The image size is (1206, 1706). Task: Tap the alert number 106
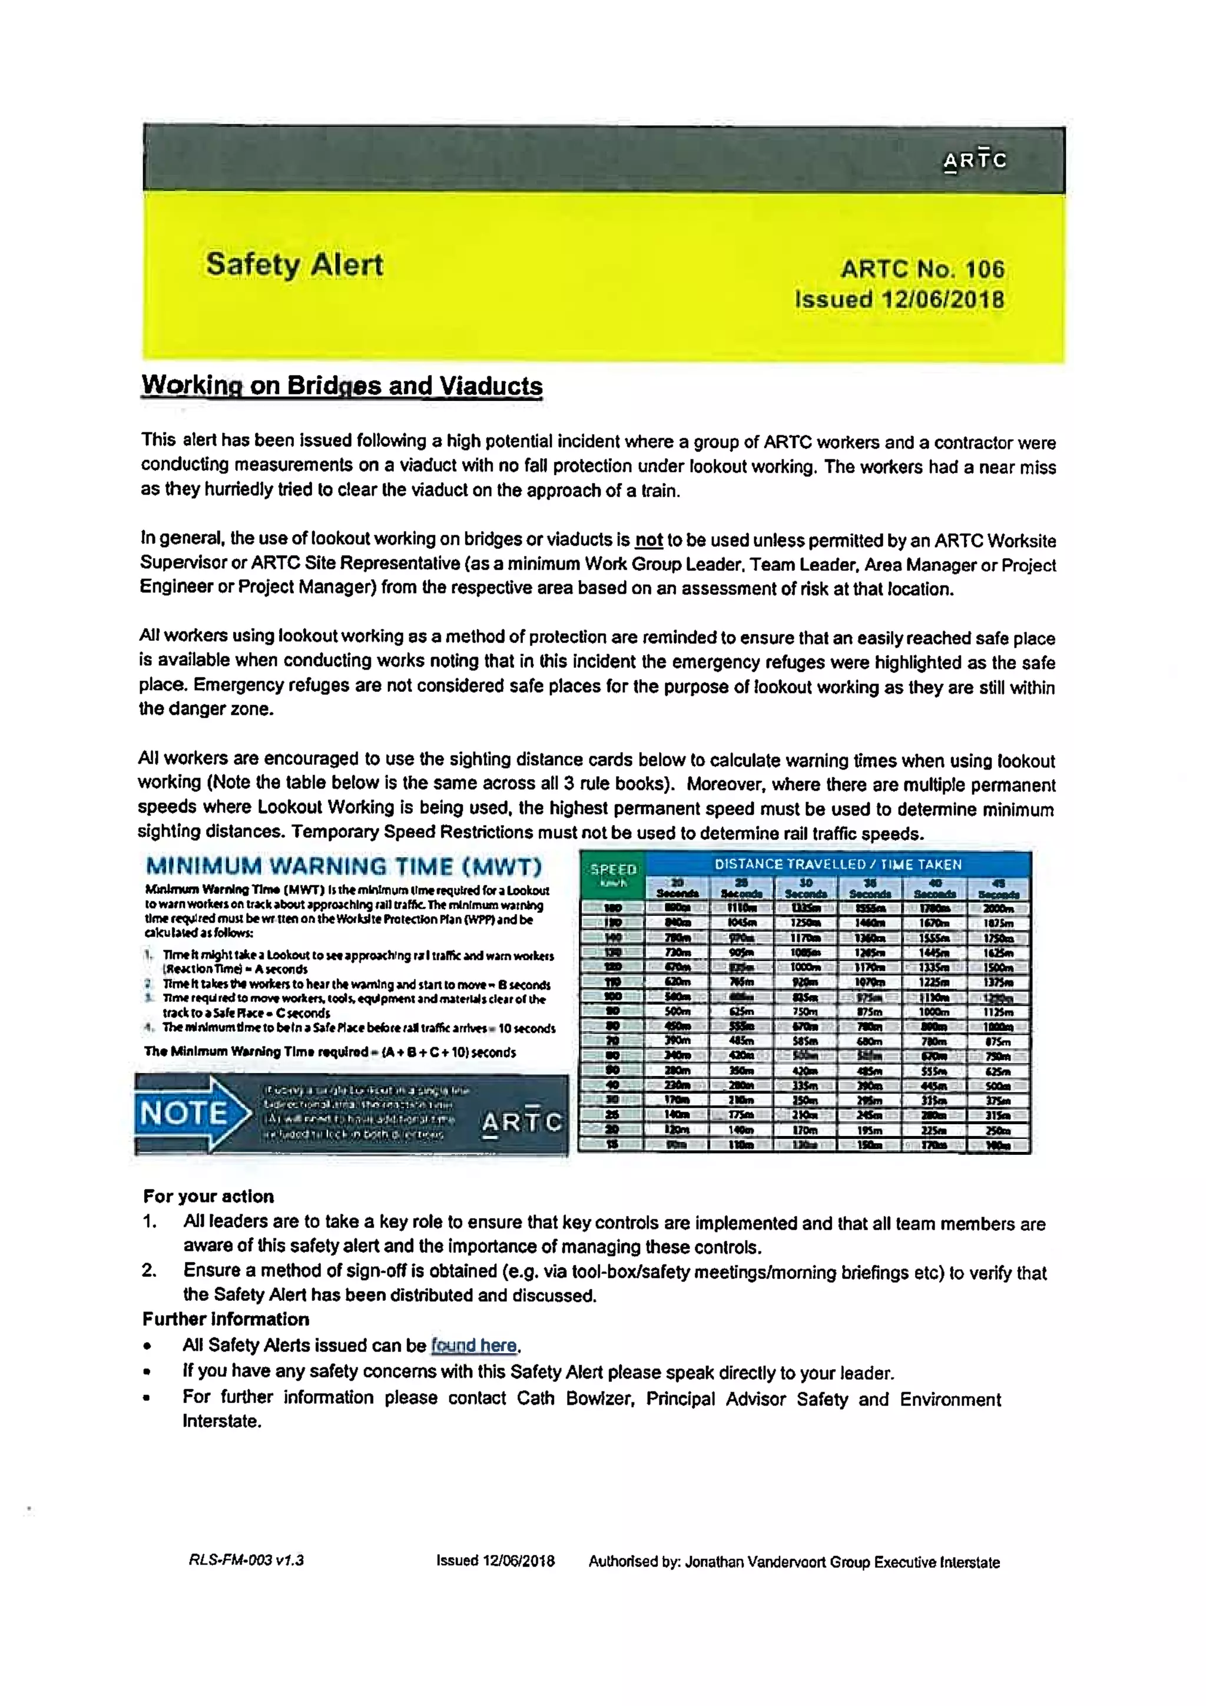click(x=985, y=269)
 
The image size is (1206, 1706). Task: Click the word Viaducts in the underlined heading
click(x=491, y=386)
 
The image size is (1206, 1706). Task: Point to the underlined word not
click(x=648, y=539)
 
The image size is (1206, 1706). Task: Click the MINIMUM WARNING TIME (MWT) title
click(x=344, y=866)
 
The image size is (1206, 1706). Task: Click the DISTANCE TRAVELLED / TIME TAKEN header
click(x=837, y=864)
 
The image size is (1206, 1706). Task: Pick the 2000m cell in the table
click(x=998, y=909)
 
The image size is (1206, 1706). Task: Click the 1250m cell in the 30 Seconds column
click(x=806, y=923)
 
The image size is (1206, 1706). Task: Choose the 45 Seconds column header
click(x=998, y=889)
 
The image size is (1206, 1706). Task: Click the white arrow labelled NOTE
click(x=195, y=1113)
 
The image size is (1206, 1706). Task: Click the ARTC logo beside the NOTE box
click(x=522, y=1121)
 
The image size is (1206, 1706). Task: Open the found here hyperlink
click(x=473, y=1345)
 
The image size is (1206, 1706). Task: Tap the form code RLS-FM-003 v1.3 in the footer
click(x=246, y=1561)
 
